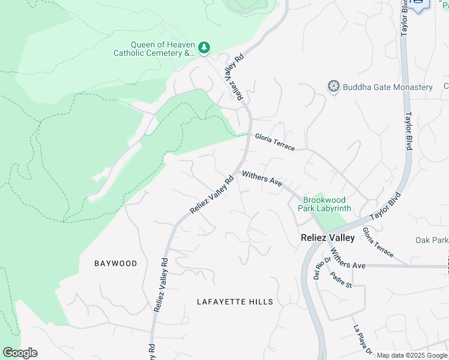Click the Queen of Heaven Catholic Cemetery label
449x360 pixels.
coord(155,49)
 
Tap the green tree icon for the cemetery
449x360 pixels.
coord(205,47)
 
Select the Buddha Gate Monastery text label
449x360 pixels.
coord(388,87)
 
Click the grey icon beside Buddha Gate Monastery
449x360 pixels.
coord(333,87)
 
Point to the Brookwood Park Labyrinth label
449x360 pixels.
coord(327,204)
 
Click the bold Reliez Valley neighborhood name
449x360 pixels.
coord(327,238)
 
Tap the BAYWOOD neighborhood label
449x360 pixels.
coord(116,263)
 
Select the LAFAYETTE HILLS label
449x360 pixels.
coord(235,302)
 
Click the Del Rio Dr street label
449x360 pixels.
coord(318,269)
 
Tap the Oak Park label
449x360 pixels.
coord(432,240)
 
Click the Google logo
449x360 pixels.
coord(20,353)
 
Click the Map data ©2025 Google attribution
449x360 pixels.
coord(412,355)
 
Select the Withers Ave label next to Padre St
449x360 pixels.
coord(348,259)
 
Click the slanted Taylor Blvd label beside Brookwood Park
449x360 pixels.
coord(385,207)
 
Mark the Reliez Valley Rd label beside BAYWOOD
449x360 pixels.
coord(160,285)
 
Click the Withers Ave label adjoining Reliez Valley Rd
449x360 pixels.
coord(262,178)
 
